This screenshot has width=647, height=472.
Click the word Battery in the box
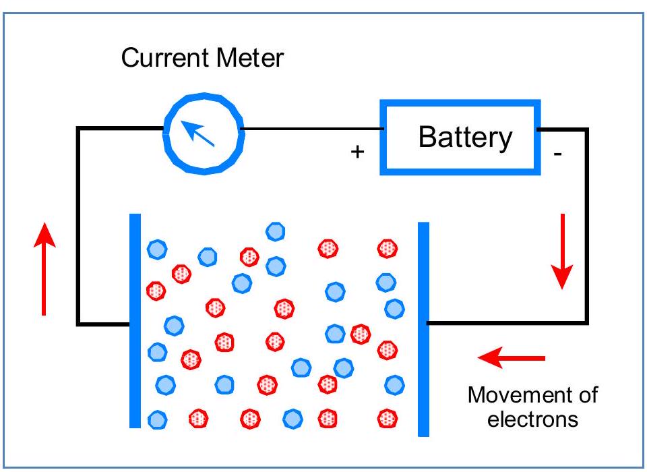pyautogui.click(x=465, y=137)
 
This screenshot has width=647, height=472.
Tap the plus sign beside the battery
pyautogui.click(x=357, y=152)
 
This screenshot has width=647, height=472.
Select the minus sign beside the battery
pyautogui.click(x=557, y=154)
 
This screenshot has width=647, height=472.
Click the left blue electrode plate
pyautogui.click(x=135, y=320)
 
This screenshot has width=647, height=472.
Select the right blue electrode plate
pyautogui.click(x=423, y=329)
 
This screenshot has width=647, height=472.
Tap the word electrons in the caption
pyautogui.click(x=532, y=419)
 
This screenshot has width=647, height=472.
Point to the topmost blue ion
pyautogui.click(x=275, y=232)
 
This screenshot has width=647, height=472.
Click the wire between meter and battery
pyautogui.click(x=310, y=128)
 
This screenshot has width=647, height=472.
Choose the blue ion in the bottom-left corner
pyautogui.click(x=157, y=419)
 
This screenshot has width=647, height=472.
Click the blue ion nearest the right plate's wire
pyautogui.click(x=394, y=309)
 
